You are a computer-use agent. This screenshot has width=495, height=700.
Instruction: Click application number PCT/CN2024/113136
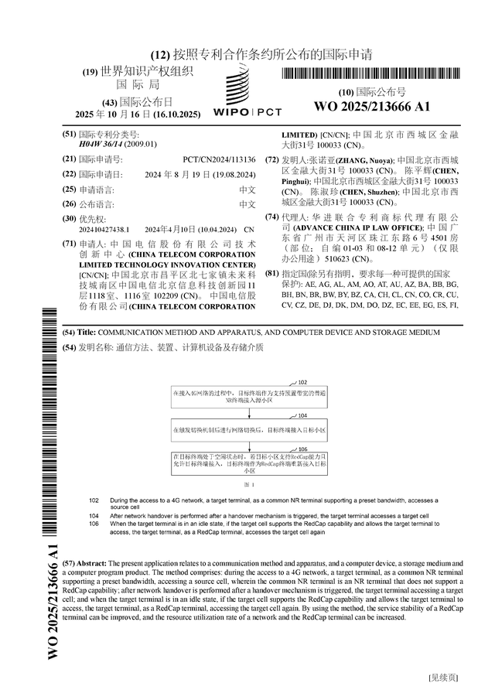coord(224,159)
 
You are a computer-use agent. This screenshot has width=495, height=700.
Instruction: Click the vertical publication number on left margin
coord(53,601)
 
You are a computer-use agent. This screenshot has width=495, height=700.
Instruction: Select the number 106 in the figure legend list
coord(94,524)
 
